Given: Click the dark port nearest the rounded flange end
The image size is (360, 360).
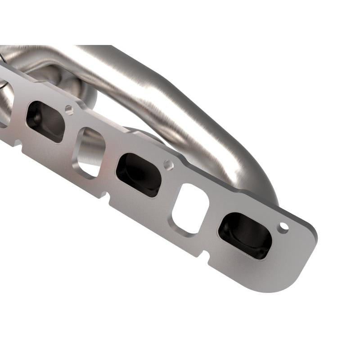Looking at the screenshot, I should [245, 235].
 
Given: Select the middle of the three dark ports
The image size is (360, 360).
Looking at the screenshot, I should [139, 175].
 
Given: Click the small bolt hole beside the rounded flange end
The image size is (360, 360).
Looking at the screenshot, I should [283, 227].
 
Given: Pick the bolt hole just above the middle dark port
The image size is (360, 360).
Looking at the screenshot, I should [168, 165].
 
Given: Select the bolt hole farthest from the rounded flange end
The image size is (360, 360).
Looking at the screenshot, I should [68, 109].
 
